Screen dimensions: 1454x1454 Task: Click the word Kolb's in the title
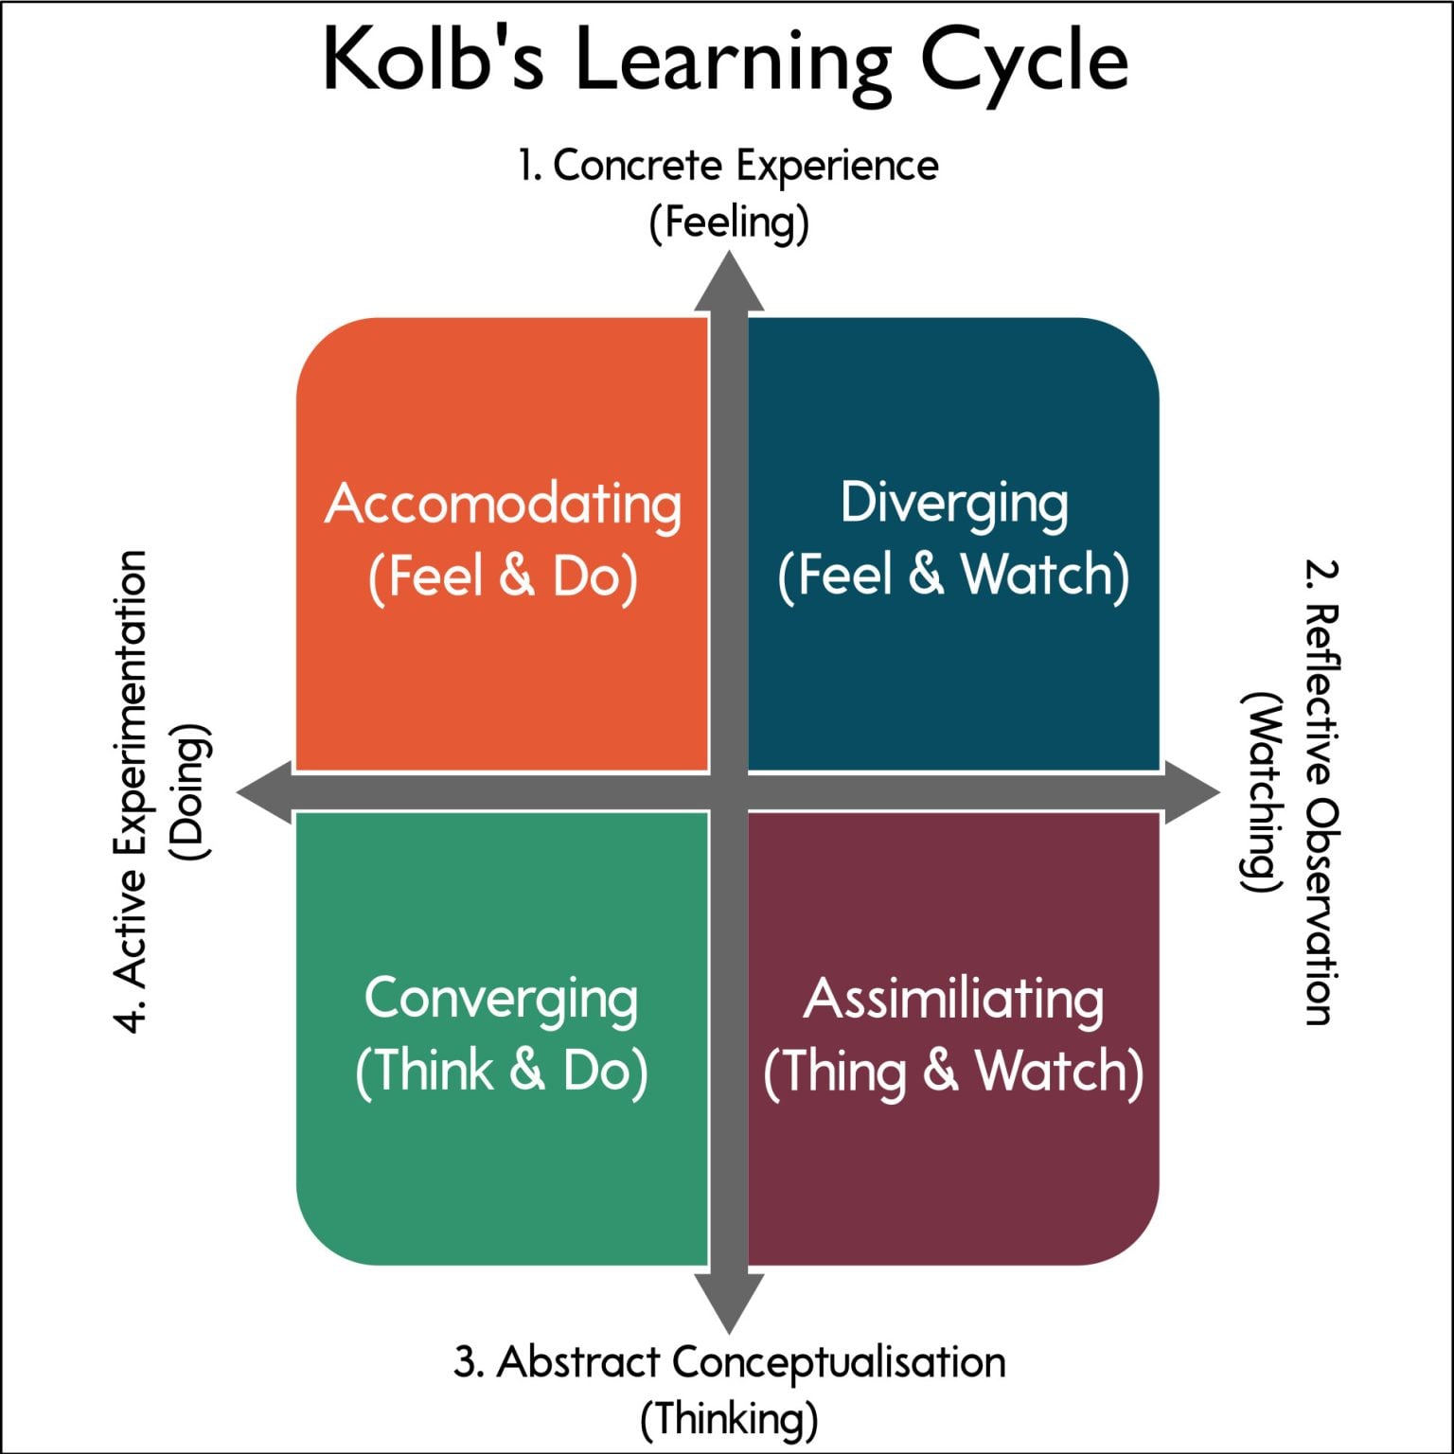[x=433, y=62]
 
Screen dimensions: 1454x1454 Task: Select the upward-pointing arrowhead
[x=729, y=282]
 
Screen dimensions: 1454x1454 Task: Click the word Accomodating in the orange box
[x=503, y=505]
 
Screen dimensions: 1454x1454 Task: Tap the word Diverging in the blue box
[x=954, y=504]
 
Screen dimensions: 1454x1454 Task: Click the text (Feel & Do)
[x=503, y=576]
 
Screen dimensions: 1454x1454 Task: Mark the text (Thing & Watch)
[x=953, y=1073]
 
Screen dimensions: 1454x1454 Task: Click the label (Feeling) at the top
[x=729, y=223]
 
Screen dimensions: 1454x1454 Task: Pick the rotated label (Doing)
[x=189, y=791]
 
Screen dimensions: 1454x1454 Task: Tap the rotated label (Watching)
[x=1263, y=791]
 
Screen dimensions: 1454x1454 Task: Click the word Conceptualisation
[x=839, y=1363]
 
